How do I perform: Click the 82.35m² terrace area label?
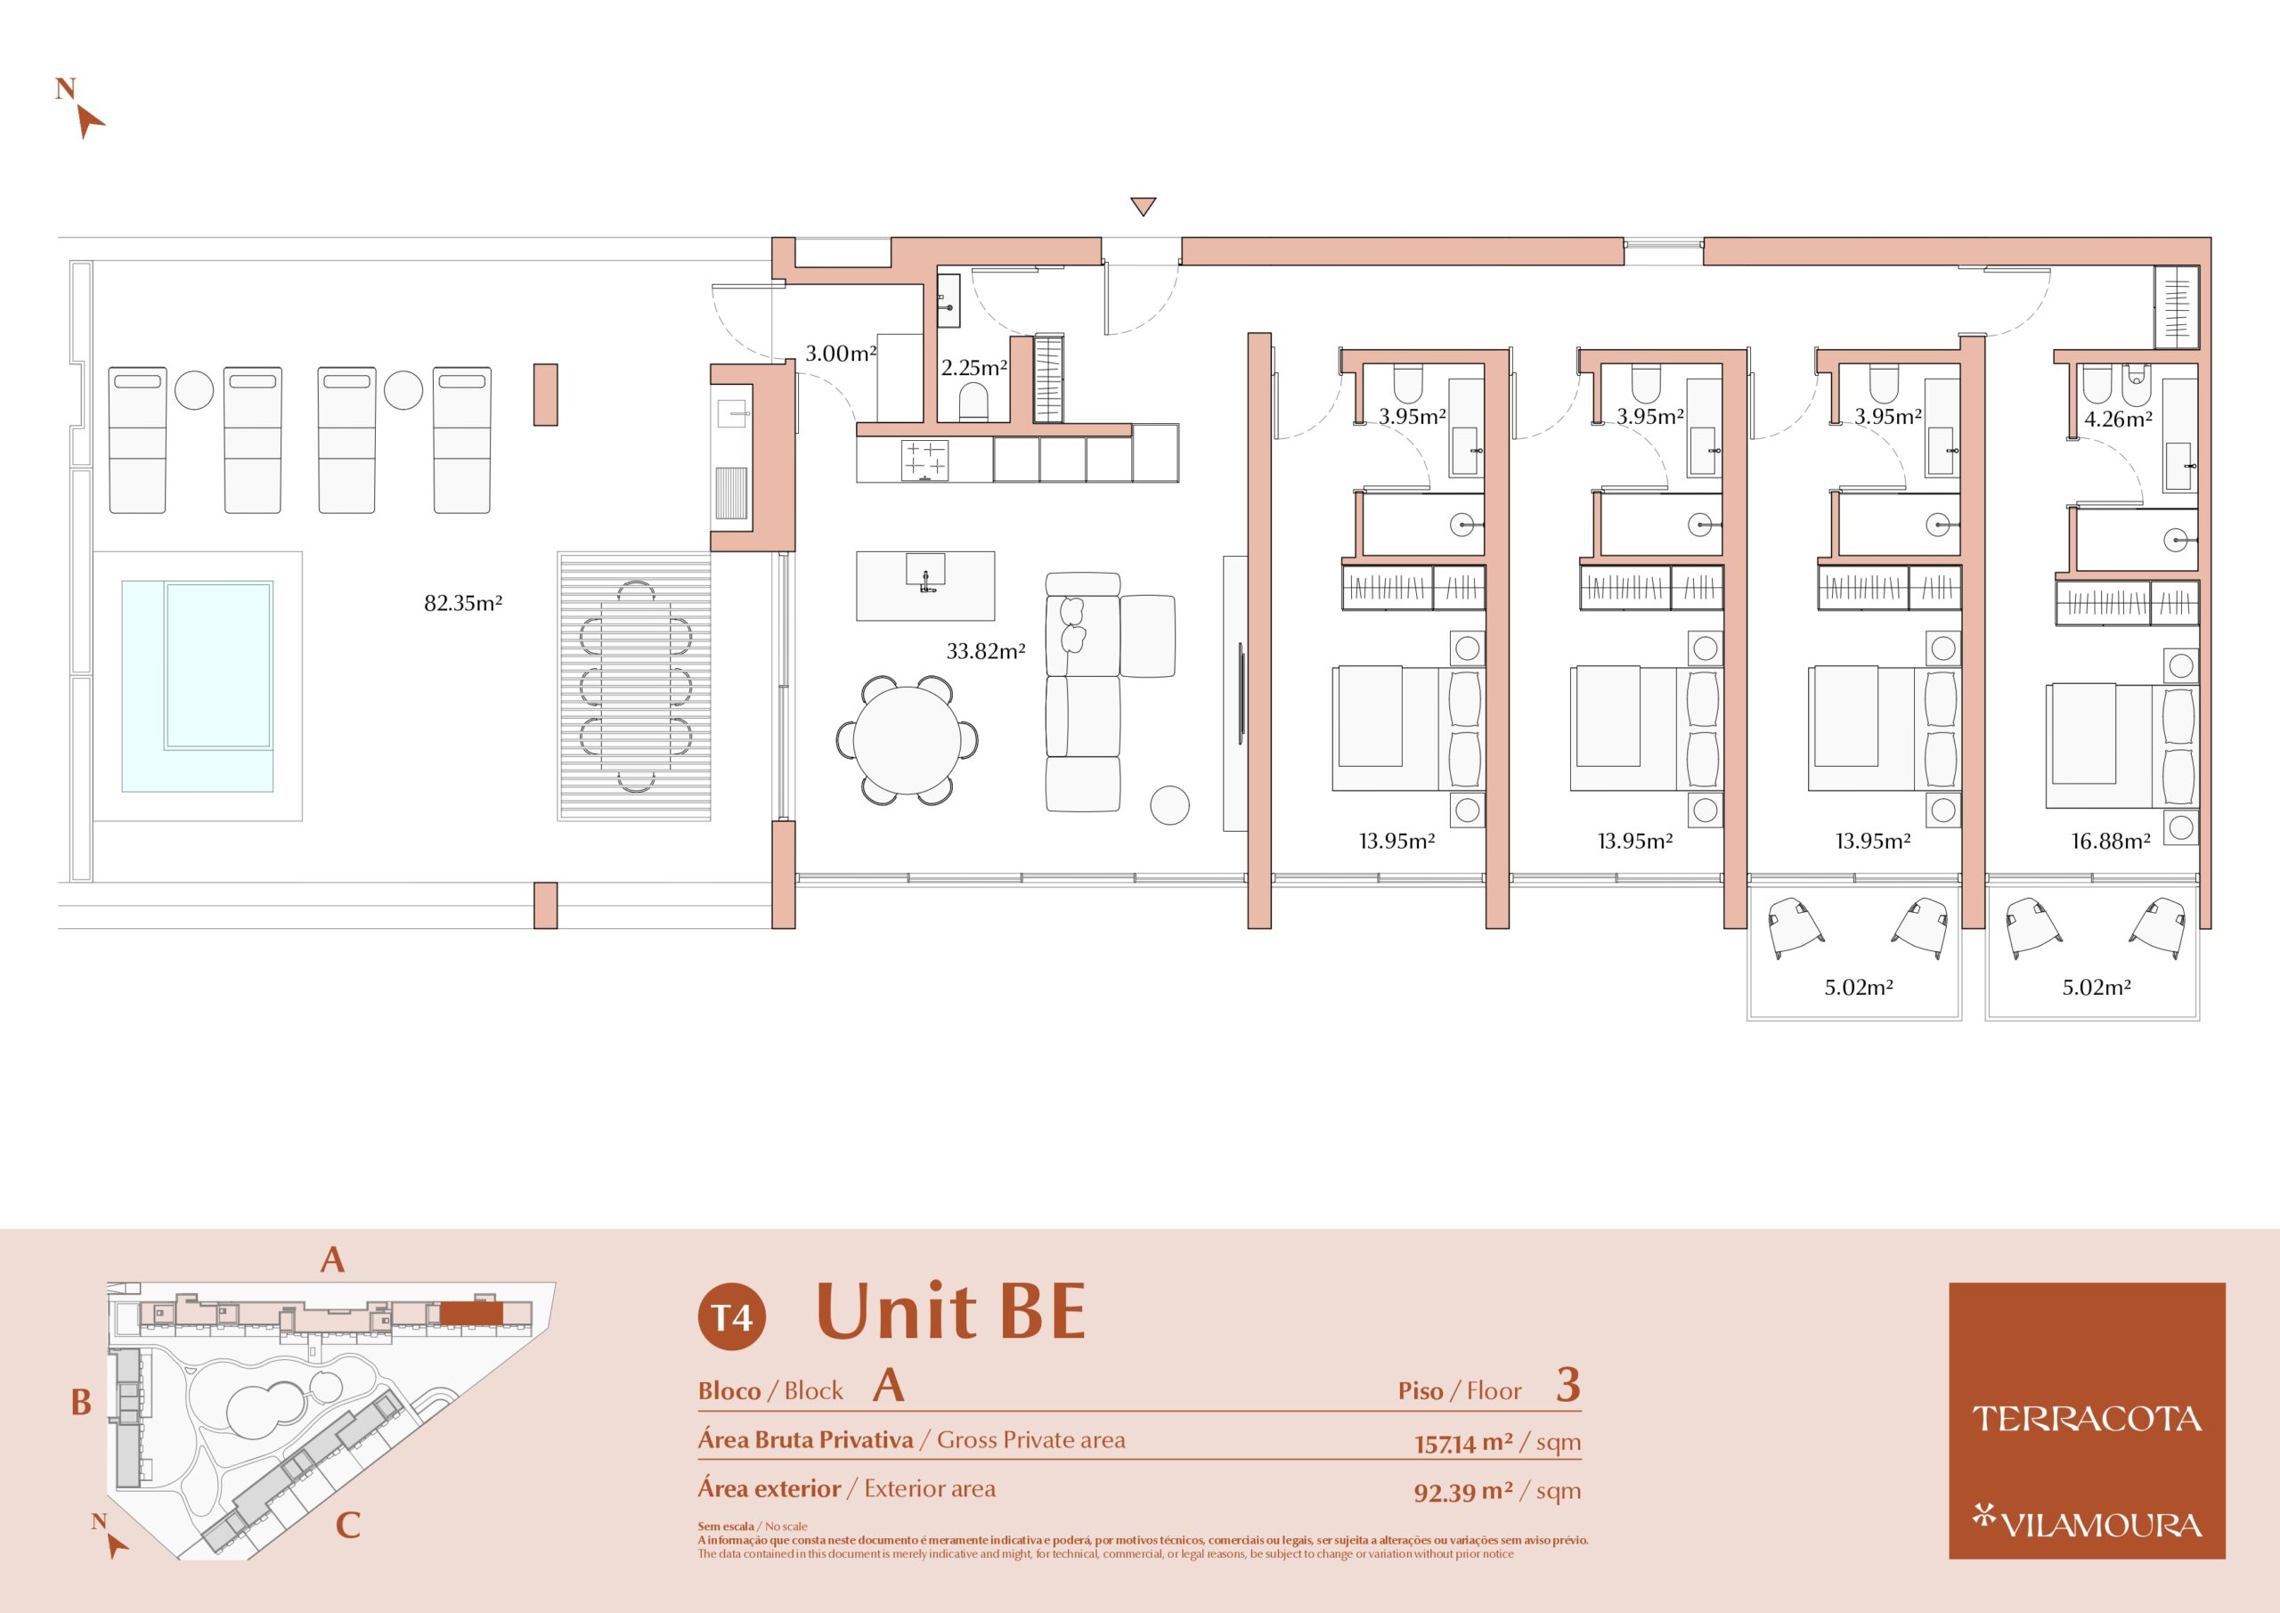click(463, 603)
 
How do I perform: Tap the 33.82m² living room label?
click(985, 652)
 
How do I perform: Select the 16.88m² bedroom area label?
click(2110, 842)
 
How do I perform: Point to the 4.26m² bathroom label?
click(2117, 420)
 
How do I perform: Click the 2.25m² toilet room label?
click(974, 368)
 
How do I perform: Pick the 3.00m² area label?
click(840, 353)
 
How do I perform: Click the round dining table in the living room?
click(907, 740)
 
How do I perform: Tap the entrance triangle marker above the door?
click(1143, 207)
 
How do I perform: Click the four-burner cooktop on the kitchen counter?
click(924, 460)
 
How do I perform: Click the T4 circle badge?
click(732, 1317)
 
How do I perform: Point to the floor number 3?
click(1568, 1385)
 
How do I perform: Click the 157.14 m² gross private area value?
click(1463, 1442)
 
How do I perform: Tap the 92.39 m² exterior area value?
click(1463, 1491)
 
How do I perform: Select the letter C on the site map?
click(347, 1525)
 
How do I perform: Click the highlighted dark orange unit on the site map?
click(472, 1313)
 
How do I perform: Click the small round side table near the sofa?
click(1169, 804)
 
